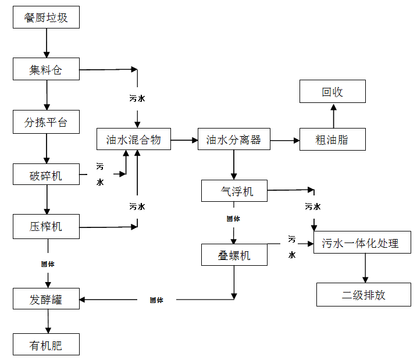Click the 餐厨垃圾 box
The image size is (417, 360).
(46, 17)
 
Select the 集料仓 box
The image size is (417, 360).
(46, 70)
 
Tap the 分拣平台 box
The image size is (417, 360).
(46, 122)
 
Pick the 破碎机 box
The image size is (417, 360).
(46, 174)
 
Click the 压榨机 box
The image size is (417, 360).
(46, 226)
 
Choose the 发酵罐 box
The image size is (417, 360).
(46, 300)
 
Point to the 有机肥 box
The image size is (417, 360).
(46, 345)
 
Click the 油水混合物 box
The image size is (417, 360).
(134, 140)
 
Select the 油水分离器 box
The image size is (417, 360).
(234, 140)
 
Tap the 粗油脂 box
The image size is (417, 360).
(333, 140)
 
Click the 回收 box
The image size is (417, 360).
(333, 92)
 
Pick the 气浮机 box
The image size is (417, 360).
(234, 191)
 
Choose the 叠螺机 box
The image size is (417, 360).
(234, 255)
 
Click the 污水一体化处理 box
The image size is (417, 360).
(362, 243)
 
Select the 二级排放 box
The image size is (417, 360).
(363, 295)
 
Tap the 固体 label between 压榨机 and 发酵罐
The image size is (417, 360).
(47, 263)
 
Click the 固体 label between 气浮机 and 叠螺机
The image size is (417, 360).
(233, 219)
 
